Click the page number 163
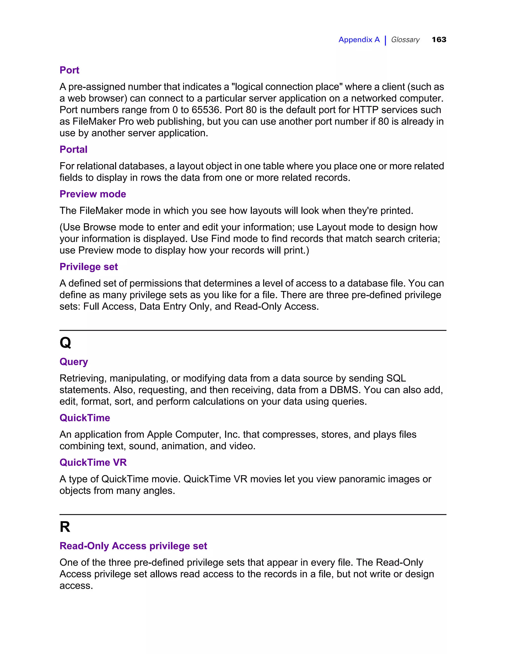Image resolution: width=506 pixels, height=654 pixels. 439,39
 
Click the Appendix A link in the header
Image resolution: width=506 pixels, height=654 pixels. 359,39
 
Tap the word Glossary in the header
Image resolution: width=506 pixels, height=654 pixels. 405,39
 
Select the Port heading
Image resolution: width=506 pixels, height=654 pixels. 69,70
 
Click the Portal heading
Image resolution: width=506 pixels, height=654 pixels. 73,149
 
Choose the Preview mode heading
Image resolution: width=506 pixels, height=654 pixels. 93,194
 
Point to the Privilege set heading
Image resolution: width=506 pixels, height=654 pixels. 88,267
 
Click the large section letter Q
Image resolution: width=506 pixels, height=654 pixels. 65,342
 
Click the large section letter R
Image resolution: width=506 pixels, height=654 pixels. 65,527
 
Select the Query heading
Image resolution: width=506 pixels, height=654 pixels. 74,362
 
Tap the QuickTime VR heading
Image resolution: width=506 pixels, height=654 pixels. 93,462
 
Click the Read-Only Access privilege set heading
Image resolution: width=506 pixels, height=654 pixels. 133,546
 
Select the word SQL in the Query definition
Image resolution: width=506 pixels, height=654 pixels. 396,378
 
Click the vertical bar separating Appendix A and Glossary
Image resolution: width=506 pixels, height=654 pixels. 385,40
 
